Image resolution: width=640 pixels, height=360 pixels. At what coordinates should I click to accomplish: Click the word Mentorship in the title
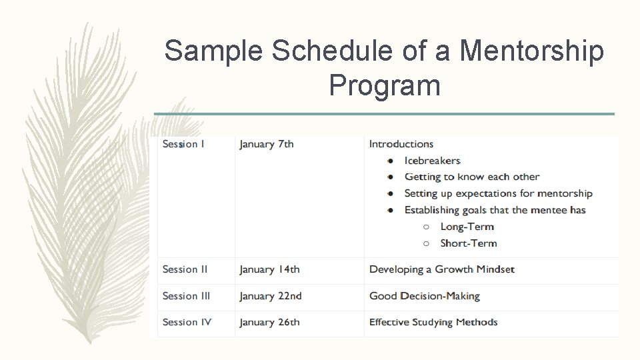point(532,51)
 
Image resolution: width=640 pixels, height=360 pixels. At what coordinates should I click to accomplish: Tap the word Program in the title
point(385,85)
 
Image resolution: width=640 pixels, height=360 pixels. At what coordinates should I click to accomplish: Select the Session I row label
point(183,144)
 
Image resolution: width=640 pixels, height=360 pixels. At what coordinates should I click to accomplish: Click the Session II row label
point(185,269)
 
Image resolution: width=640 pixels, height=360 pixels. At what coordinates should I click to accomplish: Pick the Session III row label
point(186,296)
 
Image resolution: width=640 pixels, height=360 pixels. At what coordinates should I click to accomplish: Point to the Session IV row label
point(187,322)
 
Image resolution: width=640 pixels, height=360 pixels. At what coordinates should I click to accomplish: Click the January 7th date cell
point(267,144)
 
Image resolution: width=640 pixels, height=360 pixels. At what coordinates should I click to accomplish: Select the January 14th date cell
point(269,269)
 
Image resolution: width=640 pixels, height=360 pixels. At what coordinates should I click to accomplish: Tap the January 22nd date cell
point(271,296)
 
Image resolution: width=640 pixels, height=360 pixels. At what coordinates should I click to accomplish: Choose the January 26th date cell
point(269,322)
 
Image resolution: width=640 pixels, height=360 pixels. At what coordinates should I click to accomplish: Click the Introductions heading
point(401,144)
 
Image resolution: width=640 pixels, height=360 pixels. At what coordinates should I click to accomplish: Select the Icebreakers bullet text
point(432,161)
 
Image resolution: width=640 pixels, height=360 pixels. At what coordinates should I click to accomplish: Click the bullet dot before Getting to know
point(390,177)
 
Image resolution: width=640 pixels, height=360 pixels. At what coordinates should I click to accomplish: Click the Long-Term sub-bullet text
point(467,227)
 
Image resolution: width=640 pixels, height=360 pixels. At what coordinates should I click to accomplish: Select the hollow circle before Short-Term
point(426,243)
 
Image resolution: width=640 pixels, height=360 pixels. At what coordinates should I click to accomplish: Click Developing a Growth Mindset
point(442,269)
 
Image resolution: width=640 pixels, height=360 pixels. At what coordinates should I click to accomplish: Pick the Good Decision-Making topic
point(425,296)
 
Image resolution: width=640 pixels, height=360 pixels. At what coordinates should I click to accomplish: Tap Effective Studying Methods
point(433,322)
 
